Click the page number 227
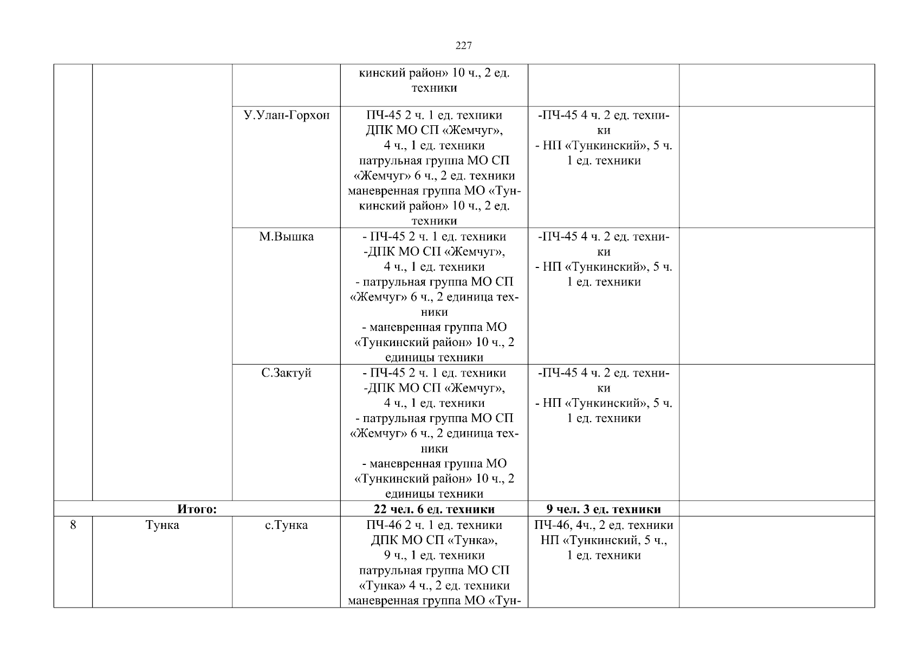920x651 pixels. [x=463, y=46]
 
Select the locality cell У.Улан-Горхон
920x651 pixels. [x=287, y=115]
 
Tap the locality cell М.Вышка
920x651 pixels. [x=287, y=237]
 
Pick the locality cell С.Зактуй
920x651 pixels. [x=287, y=373]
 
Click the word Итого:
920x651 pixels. [x=197, y=509]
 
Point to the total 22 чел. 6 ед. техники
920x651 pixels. [x=434, y=509]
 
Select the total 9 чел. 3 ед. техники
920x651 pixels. [x=604, y=509]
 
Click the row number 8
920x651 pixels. [x=73, y=525]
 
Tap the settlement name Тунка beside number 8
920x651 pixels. [x=163, y=525]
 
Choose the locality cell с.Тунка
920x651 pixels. [x=287, y=525]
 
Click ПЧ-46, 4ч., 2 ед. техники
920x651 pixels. [x=604, y=525]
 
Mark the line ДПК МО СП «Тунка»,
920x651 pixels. [x=434, y=540]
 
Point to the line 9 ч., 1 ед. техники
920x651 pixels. [x=434, y=556]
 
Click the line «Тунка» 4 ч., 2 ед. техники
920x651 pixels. [x=434, y=586]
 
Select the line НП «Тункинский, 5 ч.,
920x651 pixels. [x=604, y=540]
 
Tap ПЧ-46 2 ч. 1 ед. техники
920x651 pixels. [x=434, y=525]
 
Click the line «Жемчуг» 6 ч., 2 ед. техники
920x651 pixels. [x=434, y=176]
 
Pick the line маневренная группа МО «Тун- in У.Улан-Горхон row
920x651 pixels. [x=434, y=191]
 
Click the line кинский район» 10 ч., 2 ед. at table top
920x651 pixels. [x=434, y=73]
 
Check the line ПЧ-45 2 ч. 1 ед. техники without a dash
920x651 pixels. [x=434, y=115]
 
